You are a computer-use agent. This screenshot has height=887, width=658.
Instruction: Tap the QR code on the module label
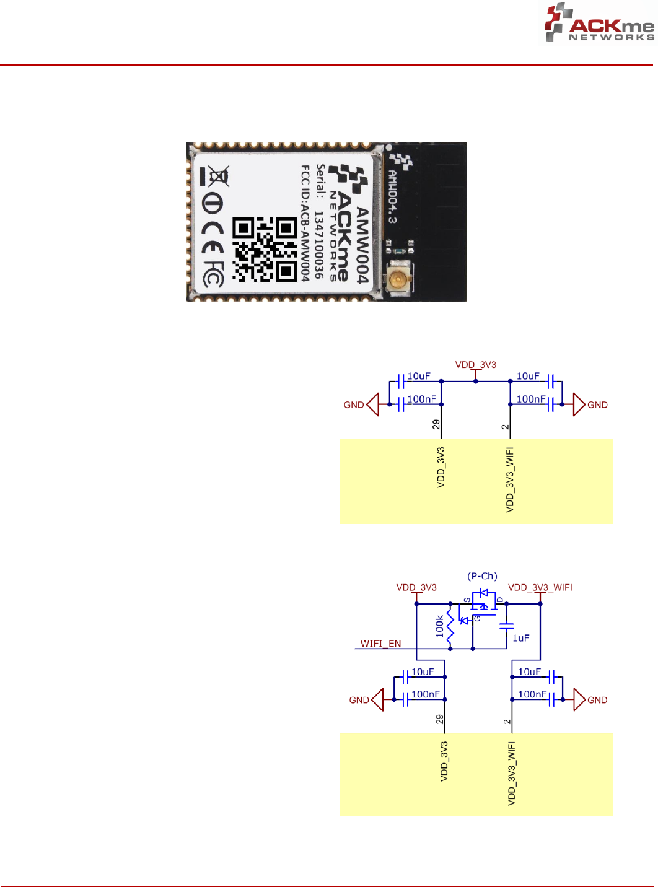click(x=264, y=249)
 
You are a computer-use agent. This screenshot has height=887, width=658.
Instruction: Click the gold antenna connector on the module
click(x=397, y=280)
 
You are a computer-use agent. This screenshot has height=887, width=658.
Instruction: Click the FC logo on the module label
click(x=213, y=274)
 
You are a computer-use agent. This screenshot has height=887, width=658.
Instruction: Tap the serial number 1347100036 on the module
click(x=319, y=245)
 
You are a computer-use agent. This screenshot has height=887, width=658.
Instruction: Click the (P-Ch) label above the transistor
click(x=482, y=576)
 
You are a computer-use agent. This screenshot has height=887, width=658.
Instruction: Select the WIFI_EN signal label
click(x=380, y=644)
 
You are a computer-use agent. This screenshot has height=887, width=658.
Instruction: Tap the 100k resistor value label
click(x=440, y=626)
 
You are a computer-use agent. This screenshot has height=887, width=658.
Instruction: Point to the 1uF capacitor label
click(x=520, y=638)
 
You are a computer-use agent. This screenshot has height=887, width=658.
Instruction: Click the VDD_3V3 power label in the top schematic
click(x=475, y=365)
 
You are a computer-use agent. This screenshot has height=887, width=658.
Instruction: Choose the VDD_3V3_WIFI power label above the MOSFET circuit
click(x=540, y=587)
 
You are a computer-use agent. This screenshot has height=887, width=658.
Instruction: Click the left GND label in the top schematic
click(x=354, y=405)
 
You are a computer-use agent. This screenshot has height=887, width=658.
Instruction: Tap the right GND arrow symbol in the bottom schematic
click(x=579, y=699)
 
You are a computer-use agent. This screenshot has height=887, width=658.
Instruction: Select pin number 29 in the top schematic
click(x=436, y=425)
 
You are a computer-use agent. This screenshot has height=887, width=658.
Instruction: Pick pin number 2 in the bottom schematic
click(x=507, y=721)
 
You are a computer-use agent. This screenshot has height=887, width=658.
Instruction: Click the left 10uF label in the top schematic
click(x=418, y=376)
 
